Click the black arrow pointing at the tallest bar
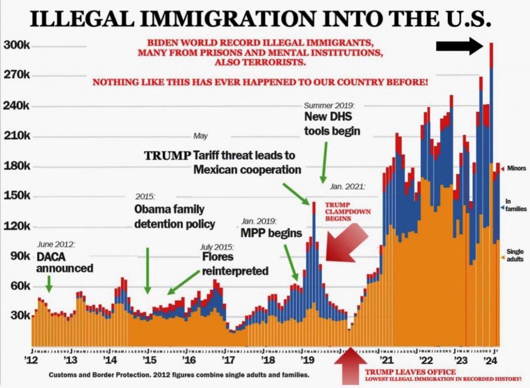click(x=459, y=47)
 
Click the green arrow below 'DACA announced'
click(x=49, y=282)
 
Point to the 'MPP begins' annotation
click(x=271, y=233)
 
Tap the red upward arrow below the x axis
click(x=349, y=367)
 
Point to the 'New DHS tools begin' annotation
click(x=332, y=124)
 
